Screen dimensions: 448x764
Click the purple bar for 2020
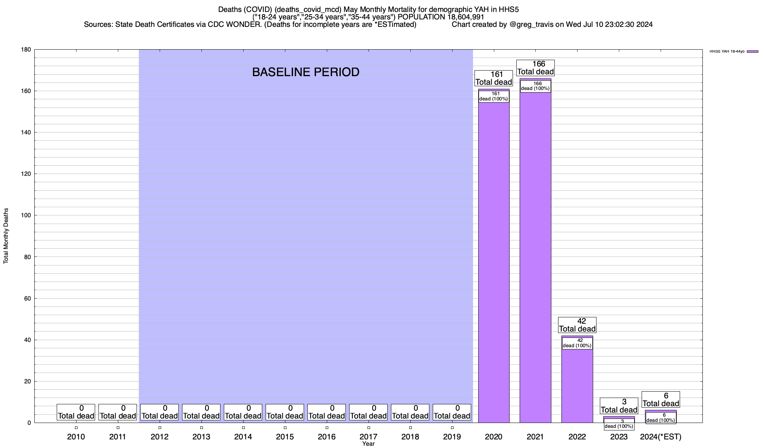(494, 261)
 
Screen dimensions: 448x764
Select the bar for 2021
(535, 261)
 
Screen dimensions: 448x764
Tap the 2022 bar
(577, 385)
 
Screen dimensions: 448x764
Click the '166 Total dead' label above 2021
(535, 68)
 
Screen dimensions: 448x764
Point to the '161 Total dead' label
(494, 78)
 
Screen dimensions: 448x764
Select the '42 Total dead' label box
(577, 325)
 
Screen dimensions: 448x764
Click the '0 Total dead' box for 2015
(285, 412)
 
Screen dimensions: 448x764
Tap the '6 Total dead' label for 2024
(661, 399)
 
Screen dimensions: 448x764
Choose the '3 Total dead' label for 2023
(619, 406)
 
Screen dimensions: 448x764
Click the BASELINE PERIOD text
(306, 72)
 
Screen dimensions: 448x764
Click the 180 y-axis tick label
(26, 50)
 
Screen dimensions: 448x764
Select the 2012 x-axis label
(160, 437)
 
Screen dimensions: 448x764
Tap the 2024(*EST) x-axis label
(661, 437)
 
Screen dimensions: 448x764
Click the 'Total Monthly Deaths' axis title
(6, 236)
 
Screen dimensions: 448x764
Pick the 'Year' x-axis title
(369, 444)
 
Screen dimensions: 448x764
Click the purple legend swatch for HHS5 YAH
(752, 52)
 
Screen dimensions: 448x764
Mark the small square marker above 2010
(76, 428)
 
